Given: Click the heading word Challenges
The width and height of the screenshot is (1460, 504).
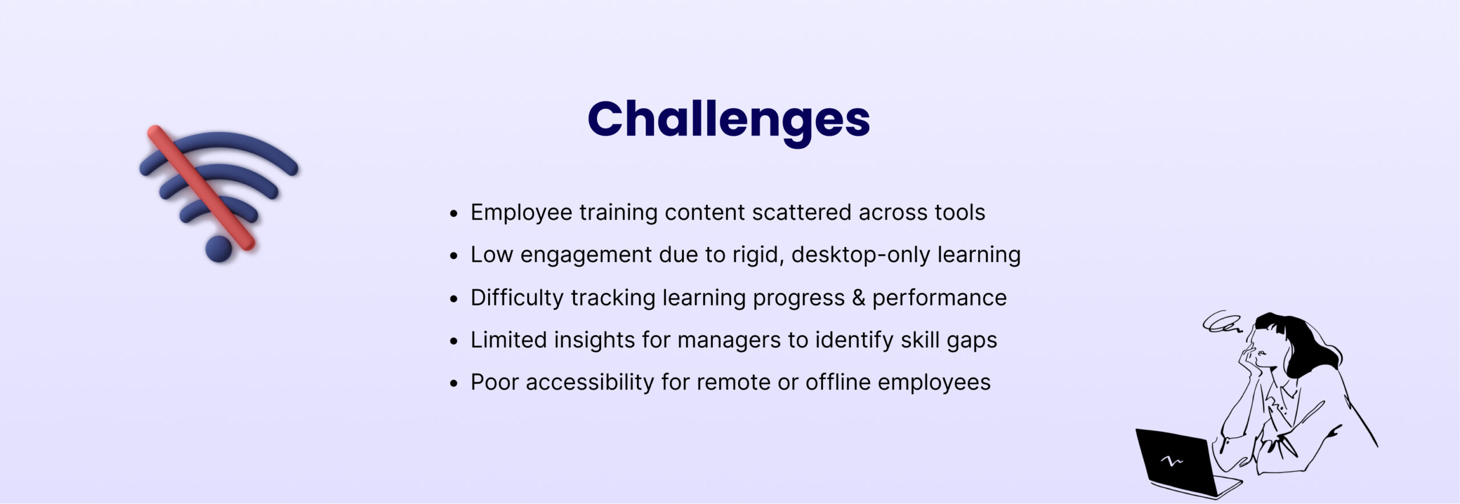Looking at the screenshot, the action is tap(728, 120).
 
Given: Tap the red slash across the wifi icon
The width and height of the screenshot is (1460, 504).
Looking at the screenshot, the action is tap(201, 188).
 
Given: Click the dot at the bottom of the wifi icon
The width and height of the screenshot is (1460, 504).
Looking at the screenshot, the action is tap(218, 249).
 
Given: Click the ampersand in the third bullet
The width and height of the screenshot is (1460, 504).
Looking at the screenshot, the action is tap(858, 298).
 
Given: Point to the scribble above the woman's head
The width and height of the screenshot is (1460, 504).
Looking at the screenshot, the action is tap(1221, 322).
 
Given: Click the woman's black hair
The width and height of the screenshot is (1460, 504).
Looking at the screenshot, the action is tap(1306, 342).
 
